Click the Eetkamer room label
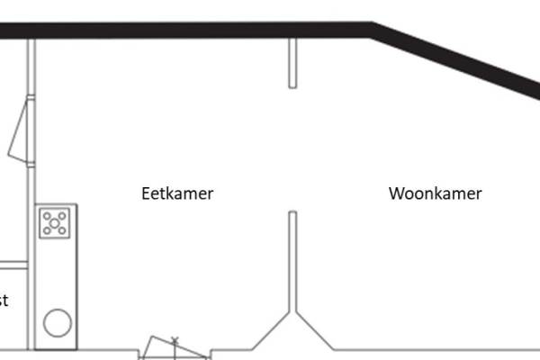tap(177, 193)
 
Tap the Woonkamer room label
tap(435, 193)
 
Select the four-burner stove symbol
tap(55, 222)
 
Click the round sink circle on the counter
tap(58, 323)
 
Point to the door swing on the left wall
tap(21, 130)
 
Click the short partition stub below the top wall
tap(292, 63)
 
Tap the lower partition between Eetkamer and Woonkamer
tap(292, 261)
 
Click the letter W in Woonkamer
tap(396, 193)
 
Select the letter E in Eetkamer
tap(146, 193)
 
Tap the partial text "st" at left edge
tap(4, 301)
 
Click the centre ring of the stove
tap(55, 222)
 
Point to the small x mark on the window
tap(175, 340)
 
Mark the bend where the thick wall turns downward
tap(372, 30)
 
